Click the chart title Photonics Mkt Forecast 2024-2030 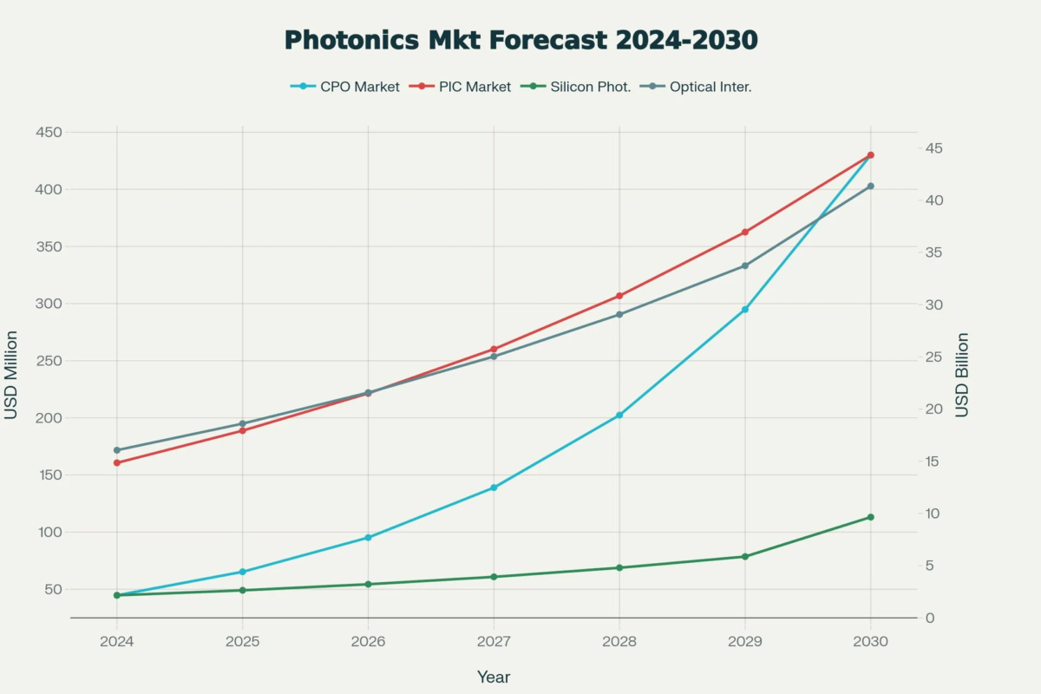click(x=520, y=40)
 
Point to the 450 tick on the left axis click(x=49, y=132)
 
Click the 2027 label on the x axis click(x=494, y=641)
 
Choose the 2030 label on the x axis click(x=870, y=641)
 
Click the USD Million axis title click(x=11, y=375)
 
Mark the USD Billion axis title click(x=962, y=375)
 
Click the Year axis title click(x=494, y=677)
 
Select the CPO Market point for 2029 click(x=744, y=310)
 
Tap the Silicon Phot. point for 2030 click(x=870, y=517)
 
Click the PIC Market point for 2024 click(x=117, y=462)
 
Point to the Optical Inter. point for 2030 click(x=870, y=187)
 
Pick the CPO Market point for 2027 click(x=494, y=488)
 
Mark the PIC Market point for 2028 click(x=619, y=296)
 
